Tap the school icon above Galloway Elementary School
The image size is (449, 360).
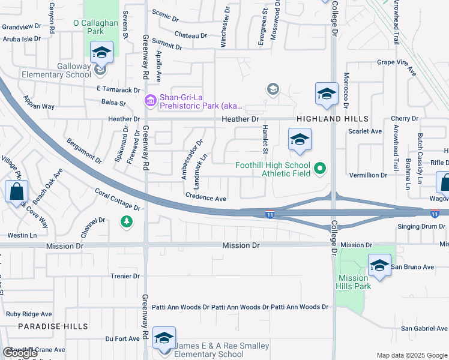click(101, 53)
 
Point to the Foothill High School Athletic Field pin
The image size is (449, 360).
click(319, 169)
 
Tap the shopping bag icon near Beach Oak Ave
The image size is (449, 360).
click(16, 192)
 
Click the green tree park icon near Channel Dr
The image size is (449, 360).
click(126, 222)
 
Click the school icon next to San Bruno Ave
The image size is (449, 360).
click(379, 266)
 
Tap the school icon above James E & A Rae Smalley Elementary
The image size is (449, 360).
click(164, 338)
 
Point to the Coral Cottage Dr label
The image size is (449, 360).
click(118, 200)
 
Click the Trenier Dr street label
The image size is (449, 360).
click(125, 276)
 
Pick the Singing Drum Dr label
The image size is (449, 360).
click(423, 226)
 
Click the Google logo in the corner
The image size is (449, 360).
click(19, 353)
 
